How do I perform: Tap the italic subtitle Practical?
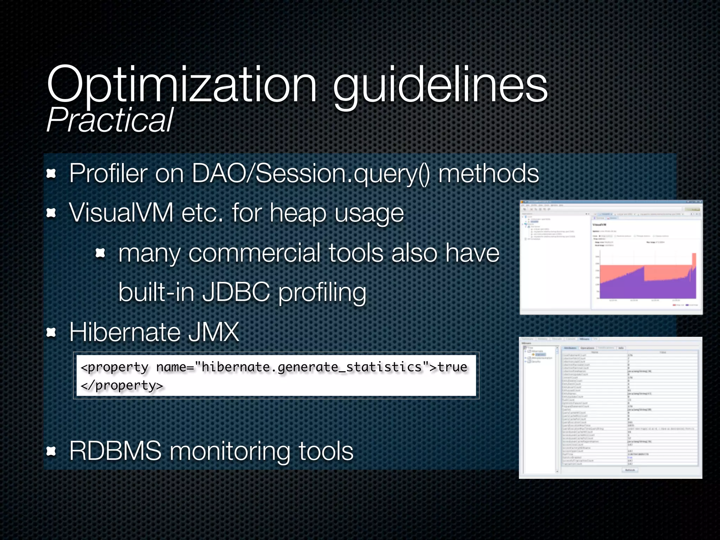click(x=110, y=120)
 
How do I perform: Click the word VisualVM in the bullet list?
click(x=121, y=213)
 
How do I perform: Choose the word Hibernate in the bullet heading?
click(x=125, y=332)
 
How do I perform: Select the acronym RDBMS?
click(x=115, y=451)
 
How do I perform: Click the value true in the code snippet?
click(x=452, y=367)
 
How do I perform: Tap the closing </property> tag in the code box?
click(x=122, y=386)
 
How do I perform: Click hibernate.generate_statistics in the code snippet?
click(x=311, y=367)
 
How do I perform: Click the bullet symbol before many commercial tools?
click(x=101, y=253)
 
